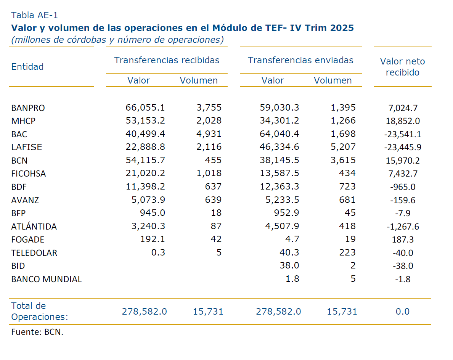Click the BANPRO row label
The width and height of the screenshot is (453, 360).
click(x=28, y=108)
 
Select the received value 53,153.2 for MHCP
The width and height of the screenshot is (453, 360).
click(x=145, y=121)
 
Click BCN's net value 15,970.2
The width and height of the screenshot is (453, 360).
click(x=403, y=161)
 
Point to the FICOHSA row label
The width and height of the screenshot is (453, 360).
click(x=29, y=174)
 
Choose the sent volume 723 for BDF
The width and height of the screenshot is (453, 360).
click(x=347, y=187)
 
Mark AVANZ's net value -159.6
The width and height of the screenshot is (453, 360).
click(x=403, y=200)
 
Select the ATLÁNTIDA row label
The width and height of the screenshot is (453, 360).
click(x=34, y=227)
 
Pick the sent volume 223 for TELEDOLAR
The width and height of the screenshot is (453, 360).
click(x=347, y=253)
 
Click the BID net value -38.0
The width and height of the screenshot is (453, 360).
click(x=403, y=266)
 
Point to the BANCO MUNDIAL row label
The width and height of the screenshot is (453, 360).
click(x=47, y=279)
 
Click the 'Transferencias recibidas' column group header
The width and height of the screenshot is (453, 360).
click(x=167, y=60)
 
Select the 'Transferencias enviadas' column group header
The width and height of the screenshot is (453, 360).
click(x=300, y=60)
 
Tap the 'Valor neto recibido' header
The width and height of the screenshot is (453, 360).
click(x=402, y=67)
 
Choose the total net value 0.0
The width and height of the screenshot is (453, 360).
click(x=402, y=312)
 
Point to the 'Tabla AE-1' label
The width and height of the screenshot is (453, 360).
click(x=34, y=15)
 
